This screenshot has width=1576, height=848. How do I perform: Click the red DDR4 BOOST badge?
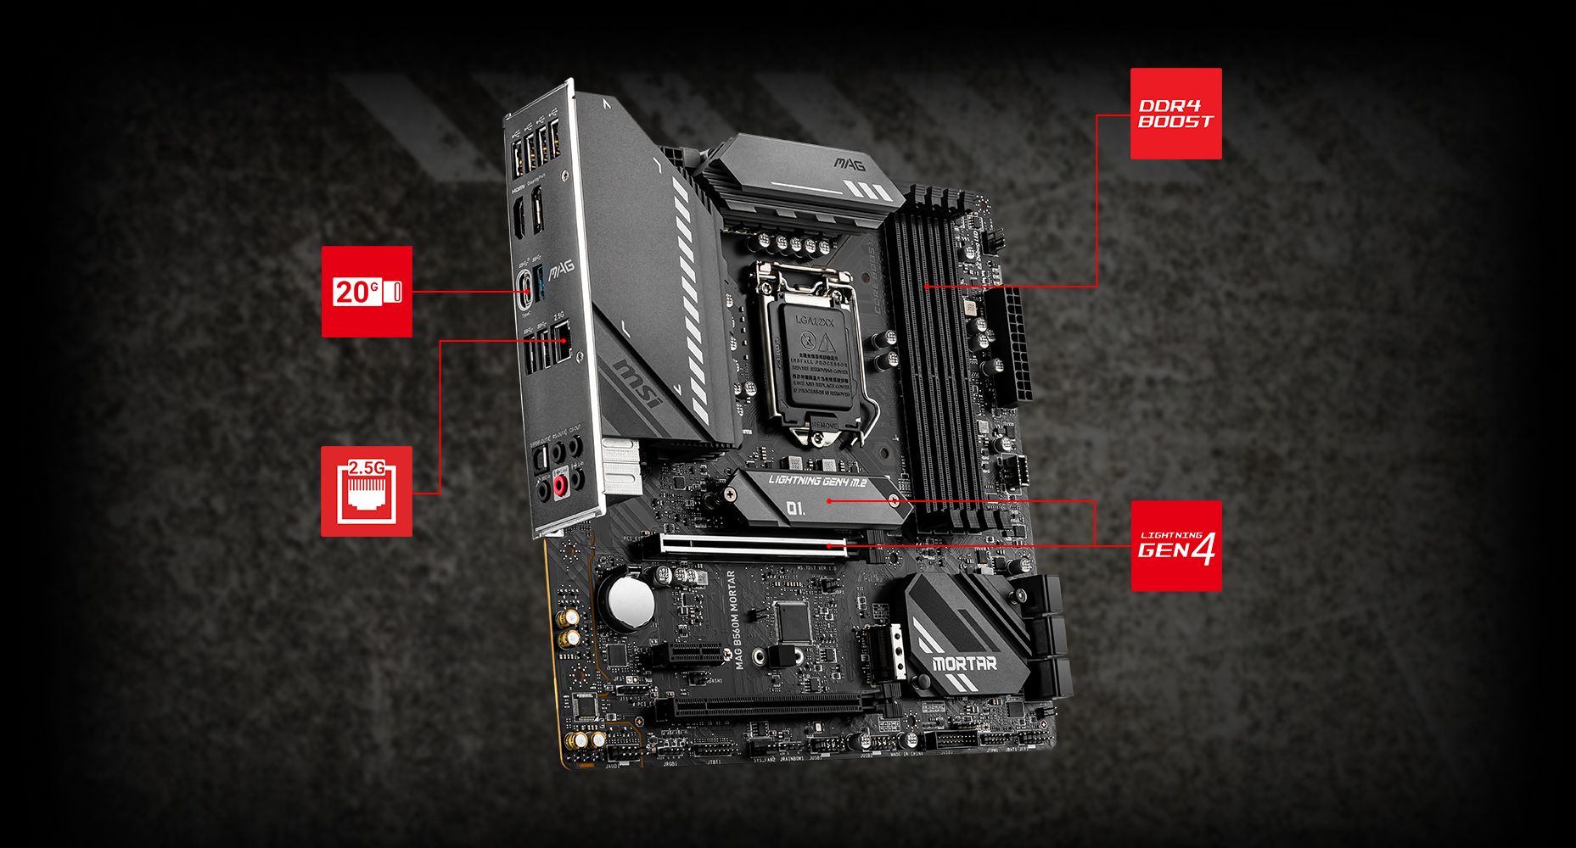point(1175,114)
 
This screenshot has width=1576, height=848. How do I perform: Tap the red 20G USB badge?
point(367,292)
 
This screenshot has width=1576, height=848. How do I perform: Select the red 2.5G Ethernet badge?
point(367,491)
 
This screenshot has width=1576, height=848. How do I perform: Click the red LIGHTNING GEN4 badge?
point(1175,546)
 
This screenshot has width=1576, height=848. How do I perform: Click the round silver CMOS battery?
point(629,602)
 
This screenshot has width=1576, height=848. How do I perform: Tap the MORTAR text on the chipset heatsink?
point(964,662)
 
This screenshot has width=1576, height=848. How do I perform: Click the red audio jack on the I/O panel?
point(560,485)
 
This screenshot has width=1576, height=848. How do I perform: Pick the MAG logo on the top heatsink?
point(849,161)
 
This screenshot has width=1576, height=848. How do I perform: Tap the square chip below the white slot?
point(791,622)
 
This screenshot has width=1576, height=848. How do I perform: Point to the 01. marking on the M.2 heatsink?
point(795,509)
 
